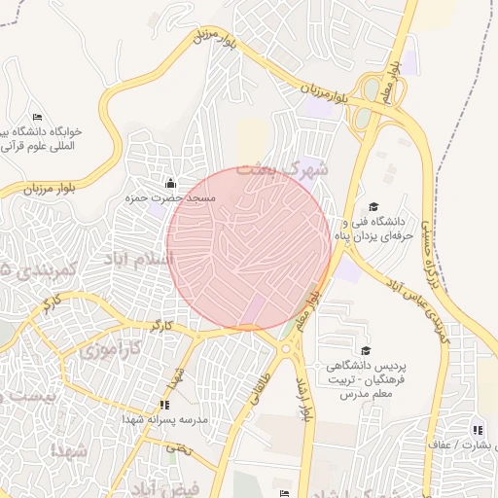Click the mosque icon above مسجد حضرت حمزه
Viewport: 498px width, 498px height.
[x=171, y=182]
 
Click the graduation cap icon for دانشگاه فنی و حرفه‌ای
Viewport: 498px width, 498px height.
[x=373, y=206]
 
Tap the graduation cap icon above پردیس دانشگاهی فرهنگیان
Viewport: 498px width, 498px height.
[x=366, y=350]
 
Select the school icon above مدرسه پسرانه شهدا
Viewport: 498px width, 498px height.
[x=163, y=404]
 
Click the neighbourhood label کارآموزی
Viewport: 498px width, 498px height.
[x=107, y=347]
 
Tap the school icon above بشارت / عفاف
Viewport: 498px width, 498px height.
[x=477, y=429]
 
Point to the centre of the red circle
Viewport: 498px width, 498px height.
[x=249, y=249]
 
